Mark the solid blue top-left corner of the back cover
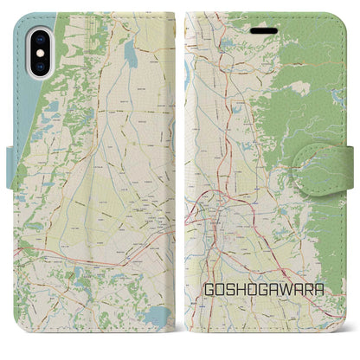point(20,19)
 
